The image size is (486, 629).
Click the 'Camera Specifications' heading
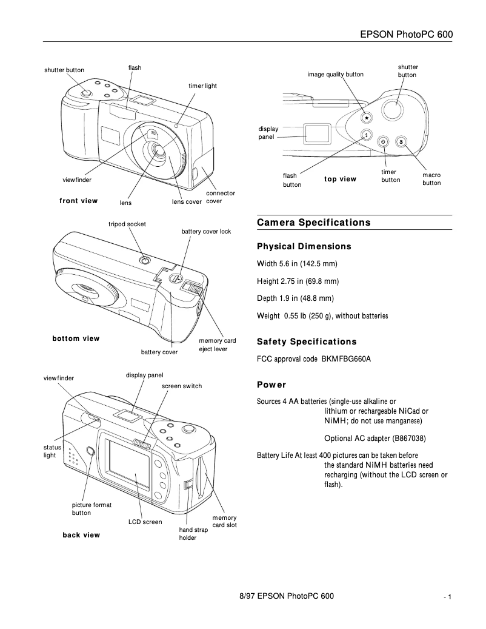point(313,223)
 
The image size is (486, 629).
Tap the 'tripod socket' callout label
point(127,224)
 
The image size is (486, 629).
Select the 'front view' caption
point(78,201)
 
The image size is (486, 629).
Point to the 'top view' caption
point(340,179)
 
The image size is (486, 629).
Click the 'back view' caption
point(81,535)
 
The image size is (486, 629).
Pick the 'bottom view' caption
point(76,338)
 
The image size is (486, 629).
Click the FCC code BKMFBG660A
point(346,359)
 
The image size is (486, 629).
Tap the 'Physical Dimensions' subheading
point(304,247)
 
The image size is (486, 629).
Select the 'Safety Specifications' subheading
point(307,341)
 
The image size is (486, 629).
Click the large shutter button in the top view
point(393,109)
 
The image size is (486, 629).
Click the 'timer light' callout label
point(202,86)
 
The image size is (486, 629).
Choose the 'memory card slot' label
point(224,521)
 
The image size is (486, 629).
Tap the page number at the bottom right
point(448,597)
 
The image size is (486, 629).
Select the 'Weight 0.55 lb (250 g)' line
point(322,315)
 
